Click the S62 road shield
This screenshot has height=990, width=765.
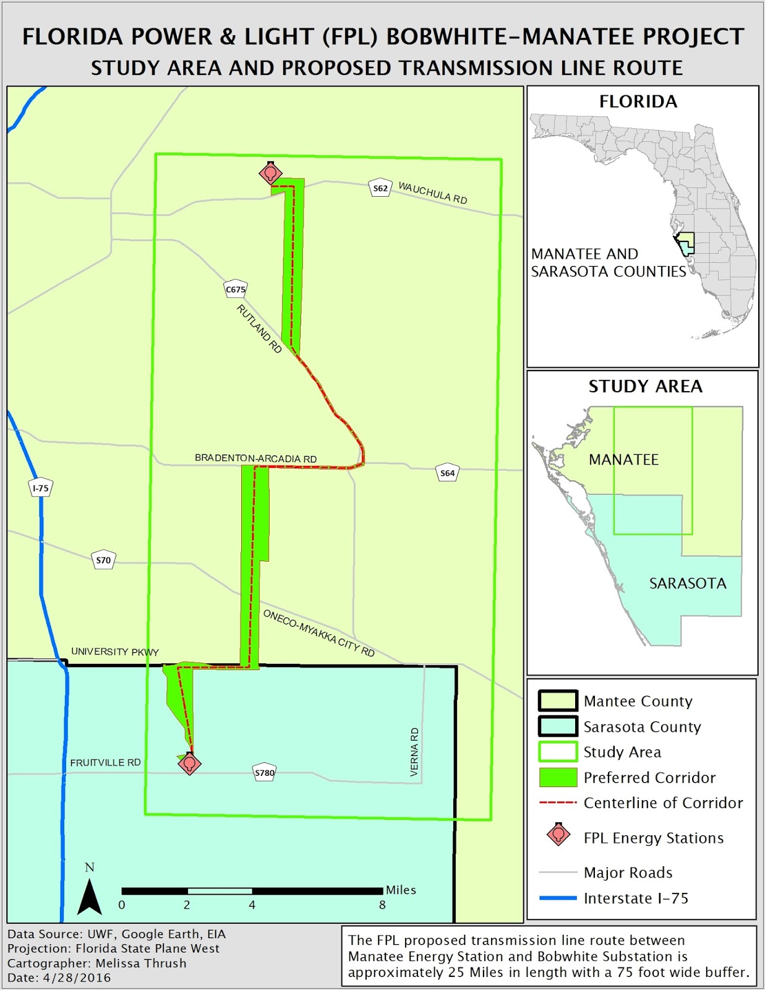click(x=380, y=188)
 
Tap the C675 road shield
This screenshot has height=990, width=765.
click(x=236, y=289)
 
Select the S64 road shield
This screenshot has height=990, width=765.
click(x=447, y=473)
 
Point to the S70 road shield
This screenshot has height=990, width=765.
click(x=103, y=560)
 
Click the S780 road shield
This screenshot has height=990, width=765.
click(x=265, y=773)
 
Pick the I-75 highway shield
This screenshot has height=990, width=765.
click(x=41, y=488)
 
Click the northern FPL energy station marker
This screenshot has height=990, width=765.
click(x=270, y=174)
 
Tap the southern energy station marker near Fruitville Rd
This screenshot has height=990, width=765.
click(x=190, y=764)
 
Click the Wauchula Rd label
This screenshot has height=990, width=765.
click(x=432, y=192)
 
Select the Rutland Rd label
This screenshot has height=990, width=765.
click(x=259, y=329)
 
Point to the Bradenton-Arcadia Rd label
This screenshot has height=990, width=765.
click(x=255, y=458)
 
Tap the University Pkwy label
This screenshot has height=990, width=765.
click(x=115, y=652)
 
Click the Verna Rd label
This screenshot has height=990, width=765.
click(x=414, y=752)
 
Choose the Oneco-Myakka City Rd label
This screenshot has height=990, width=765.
click(x=318, y=633)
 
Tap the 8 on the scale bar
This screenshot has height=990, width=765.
click(x=382, y=905)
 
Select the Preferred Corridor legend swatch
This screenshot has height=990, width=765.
click(x=558, y=777)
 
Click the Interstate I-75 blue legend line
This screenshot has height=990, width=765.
click(x=558, y=898)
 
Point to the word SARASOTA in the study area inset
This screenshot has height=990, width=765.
click(x=688, y=583)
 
